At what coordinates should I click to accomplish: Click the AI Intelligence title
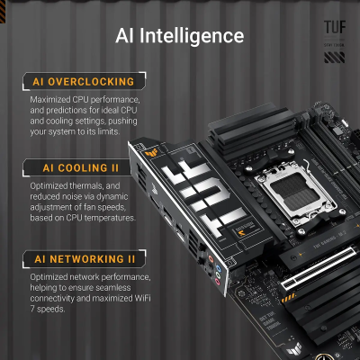tap(180, 36)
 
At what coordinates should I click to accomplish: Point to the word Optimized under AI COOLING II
tap(51, 184)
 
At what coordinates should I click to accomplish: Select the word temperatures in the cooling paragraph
tap(110, 219)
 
